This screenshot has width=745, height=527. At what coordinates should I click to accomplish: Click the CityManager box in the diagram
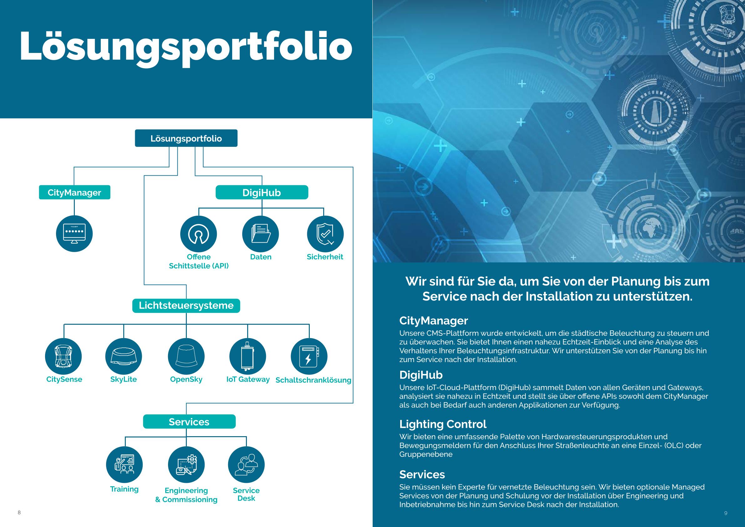[x=75, y=192]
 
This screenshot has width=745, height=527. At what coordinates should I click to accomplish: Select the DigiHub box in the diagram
[x=262, y=192]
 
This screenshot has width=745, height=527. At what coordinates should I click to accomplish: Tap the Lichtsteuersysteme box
[x=186, y=306]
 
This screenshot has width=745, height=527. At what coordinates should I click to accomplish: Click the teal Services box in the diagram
[x=189, y=421]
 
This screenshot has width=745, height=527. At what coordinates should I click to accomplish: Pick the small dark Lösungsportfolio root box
[x=186, y=138]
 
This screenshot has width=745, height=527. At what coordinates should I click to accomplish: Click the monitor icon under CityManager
[x=74, y=234]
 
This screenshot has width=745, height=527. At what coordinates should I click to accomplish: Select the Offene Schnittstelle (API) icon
[x=199, y=234]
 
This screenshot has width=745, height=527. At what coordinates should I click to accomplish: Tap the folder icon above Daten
[x=261, y=234]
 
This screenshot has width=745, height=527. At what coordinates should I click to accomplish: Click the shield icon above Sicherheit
[x=325, y=234]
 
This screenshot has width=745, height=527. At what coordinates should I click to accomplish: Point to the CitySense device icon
[x=63, y=356]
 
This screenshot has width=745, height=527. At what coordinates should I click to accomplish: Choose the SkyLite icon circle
[x=124, y=356]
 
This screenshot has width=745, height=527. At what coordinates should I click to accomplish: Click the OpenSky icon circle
[x=186, y=356]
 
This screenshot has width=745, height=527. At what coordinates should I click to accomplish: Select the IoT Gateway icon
[x=247, y=356]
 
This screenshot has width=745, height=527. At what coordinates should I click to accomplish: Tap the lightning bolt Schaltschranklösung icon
[x=309, y=356]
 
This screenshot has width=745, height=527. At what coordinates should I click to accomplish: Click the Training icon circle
[x=124, y=465]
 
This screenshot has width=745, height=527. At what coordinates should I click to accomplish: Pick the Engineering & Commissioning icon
[x=186, y=465]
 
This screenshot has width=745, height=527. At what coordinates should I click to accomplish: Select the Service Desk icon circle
[x=246, y=465]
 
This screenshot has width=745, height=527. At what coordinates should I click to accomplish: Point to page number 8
[x=19, y=512]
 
